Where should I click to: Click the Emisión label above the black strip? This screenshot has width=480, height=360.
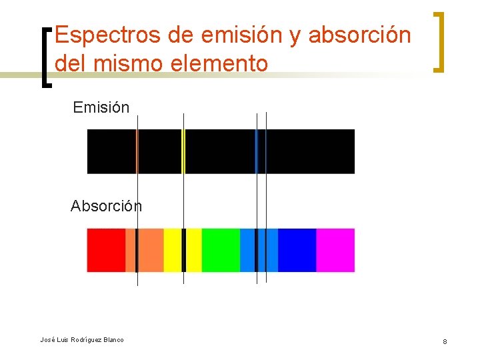click(101, 107)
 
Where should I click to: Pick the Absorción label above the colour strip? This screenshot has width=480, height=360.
click(106, 206)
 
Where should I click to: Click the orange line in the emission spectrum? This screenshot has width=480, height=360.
click(137, 151)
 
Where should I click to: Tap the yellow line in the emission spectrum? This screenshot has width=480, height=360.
click(183, 151)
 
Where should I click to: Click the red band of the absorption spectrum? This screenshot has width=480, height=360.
click(106, 250)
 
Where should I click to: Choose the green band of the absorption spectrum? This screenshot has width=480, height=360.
click(221, 250)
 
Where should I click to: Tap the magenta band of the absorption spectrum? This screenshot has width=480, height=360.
click(335, 250)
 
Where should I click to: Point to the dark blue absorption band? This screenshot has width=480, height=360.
click(297, 250)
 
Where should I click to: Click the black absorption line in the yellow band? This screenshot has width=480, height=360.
click(183, 250)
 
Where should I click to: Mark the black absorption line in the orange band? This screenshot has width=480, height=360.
click(137, 250)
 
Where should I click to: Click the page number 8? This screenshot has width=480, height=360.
click(445, 342)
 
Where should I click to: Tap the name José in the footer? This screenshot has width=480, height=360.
click(47, 340)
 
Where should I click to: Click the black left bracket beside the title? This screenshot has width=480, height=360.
click(46, 57)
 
